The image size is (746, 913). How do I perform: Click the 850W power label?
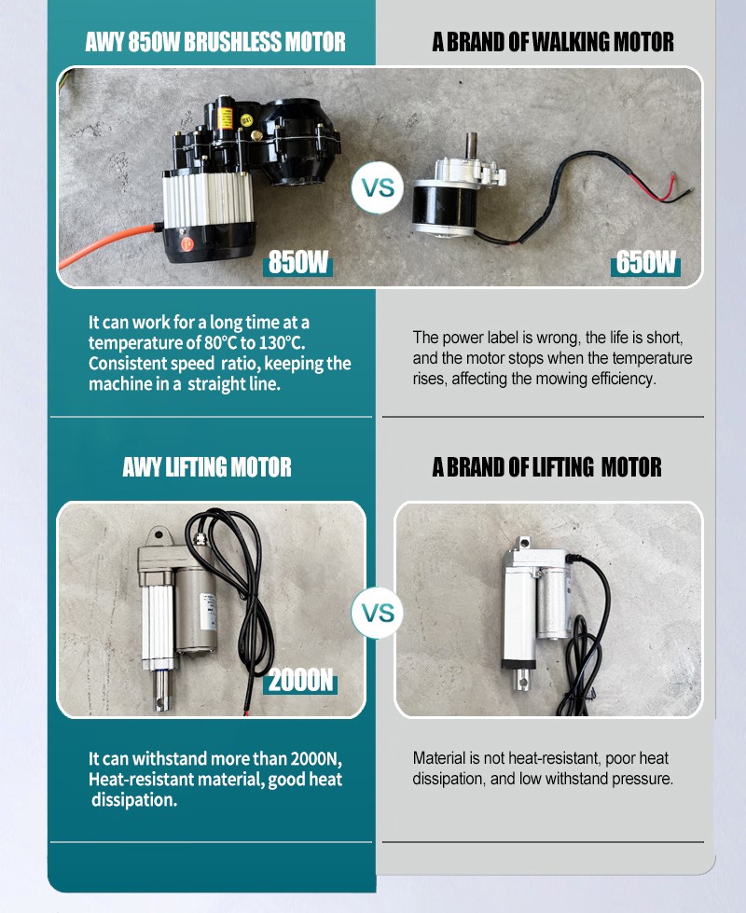coord(297,262)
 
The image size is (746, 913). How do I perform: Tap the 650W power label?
coord(645,262)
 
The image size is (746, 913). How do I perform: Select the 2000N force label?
coord(300,680)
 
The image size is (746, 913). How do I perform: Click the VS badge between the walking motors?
coord(378,188)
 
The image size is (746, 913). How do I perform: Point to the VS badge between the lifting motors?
coord(378,613)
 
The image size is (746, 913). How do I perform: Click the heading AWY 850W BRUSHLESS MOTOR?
coord(215,42)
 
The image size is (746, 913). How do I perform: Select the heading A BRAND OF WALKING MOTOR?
coord(553,42)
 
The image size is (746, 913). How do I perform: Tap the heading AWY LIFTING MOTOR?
coord(207,467)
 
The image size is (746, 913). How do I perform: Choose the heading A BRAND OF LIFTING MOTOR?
coord(546,467)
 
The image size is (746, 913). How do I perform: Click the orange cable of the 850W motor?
coord(104,244)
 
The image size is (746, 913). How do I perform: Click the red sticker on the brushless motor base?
coord(187,243)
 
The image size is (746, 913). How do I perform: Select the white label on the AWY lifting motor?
coord(208,612)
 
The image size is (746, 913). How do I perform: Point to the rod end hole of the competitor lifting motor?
coord(522,677)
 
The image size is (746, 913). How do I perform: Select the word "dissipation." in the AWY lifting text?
coord(134,800)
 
